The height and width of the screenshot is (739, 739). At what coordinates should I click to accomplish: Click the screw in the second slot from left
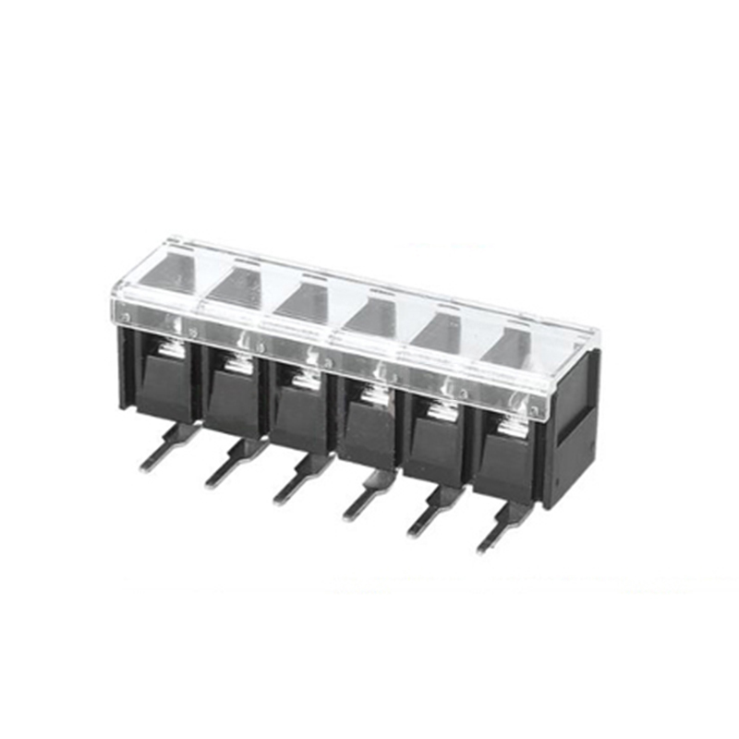236,364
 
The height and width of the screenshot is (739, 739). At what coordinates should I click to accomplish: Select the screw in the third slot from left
303,379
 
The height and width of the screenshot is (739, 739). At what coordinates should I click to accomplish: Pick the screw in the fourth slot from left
372,395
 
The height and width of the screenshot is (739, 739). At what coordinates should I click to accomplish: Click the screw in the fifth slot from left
442,410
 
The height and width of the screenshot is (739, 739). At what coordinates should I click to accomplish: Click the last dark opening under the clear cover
510,349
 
